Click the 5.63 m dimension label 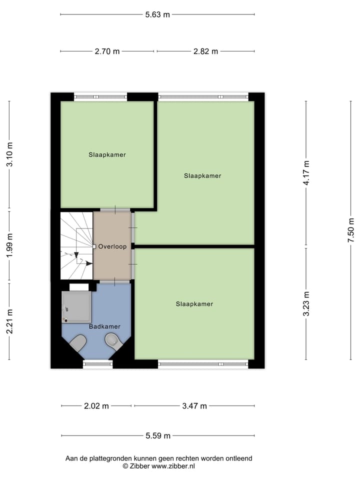coord(157,14)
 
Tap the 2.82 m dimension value coord(205,51)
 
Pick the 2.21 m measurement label coord(9,321)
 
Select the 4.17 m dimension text coord(306,173)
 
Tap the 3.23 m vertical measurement coord(306,303)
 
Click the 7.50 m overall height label coord(351,230)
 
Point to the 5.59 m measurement coord(157,436)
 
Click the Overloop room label coord(112,246)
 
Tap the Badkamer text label coord(104,326)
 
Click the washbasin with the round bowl coord(114,342)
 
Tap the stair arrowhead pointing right coord(89,263)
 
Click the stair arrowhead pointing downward coord(76,255)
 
